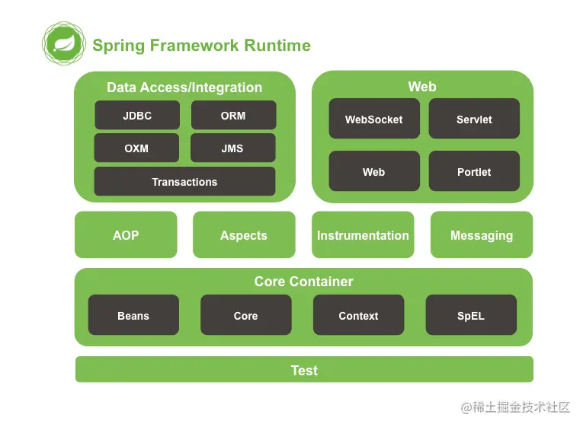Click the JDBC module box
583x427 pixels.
[x=137, y=115]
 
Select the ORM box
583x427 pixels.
[x=233, y=115]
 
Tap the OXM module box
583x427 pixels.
[x=136, y=148]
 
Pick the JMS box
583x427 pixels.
[x=232, y=148]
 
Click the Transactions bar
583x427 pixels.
[x=184, y=181]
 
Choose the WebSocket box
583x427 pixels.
[x=374, y=119]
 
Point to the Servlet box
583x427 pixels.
[x=474, y=119]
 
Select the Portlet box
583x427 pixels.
[x=474, y=170]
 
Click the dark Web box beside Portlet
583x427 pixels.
[x=374, y=170]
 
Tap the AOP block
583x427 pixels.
[x=126, y=234]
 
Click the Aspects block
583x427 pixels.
[x=244, y=234]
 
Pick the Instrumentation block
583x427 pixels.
[x=363, y=234]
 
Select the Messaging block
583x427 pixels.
[x=482, y=234]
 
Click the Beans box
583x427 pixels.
[x=133, y=315]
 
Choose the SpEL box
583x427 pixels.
[x=471, y=315]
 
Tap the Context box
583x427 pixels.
[x=358, y=315]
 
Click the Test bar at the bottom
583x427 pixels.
[x=304, y=369]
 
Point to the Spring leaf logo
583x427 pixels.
[x=64, y=43]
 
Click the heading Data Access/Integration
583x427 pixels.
[x=184, y=88]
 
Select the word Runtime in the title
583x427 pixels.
[x=277, y=46]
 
